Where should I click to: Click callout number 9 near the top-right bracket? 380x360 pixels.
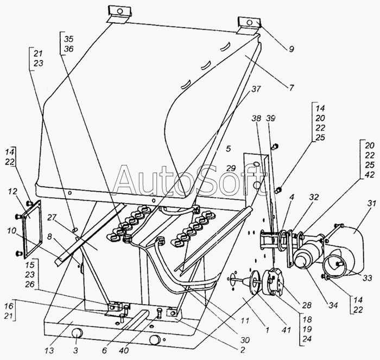292,49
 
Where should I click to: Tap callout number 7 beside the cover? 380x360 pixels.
292,87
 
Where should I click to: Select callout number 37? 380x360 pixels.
256,89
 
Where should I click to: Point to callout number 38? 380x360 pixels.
256,118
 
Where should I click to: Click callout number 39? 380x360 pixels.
271,118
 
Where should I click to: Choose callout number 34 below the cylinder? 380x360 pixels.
333,305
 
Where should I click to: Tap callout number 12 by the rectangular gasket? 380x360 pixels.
12,192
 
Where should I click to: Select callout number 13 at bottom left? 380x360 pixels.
49,350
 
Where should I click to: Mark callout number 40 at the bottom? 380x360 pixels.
124,350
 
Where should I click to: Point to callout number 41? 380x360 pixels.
286,330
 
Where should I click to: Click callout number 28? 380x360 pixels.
306,305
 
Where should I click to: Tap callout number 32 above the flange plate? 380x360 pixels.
314,197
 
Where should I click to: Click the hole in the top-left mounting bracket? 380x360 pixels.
119,11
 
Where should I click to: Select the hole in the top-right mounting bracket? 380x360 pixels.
249,23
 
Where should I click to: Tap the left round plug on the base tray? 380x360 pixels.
76,336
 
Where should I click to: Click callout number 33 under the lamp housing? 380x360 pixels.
368,277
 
